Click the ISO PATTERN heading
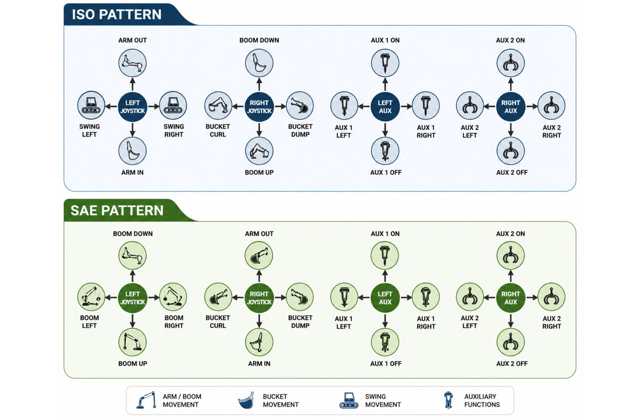coord(117,14)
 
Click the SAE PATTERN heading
coord(117,211)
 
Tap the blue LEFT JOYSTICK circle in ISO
coord(132,107)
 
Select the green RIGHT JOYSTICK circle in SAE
coord(259,298)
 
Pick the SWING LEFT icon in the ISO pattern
coord(91,105)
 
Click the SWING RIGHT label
coord(174,131)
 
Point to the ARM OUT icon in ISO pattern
coord(132,62)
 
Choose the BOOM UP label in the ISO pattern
coord(259,172)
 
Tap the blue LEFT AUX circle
coord(385,107)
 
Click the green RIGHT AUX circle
coord(511,298)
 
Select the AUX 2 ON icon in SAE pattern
coord(511,256)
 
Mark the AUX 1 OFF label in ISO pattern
coord(385,172)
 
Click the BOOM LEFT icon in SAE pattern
coord(91,297)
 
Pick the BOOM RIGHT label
coord(174,321)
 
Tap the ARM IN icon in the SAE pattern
coord(259,342)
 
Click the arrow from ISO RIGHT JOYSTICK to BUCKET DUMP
coord(280,107)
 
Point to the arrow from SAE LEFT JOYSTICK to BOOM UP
coord(132,321)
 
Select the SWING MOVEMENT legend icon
coord(349,400)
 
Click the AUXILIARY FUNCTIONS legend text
coord(482,401)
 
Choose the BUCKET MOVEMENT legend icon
coord(246,400)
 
